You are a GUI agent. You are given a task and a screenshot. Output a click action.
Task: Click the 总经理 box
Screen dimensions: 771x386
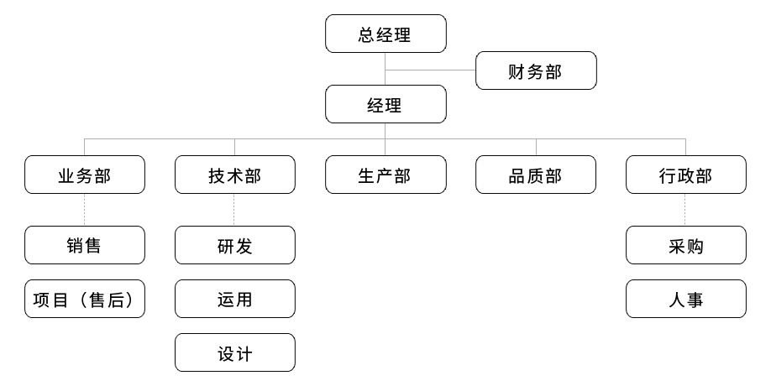pos(385,34)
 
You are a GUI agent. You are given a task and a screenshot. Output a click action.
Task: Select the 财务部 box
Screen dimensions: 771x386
pos(536,70)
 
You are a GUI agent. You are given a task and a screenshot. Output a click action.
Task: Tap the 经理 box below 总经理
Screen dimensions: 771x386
pos(385,104)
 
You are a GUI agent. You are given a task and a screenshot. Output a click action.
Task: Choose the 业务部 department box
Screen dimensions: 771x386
pos(85,175)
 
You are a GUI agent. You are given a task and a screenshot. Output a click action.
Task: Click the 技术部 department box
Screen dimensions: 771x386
pos(235,175)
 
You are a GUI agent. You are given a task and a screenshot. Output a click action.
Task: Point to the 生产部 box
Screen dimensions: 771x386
pos(385,175)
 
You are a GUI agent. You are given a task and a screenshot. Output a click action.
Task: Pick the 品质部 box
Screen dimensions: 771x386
pos(536,175)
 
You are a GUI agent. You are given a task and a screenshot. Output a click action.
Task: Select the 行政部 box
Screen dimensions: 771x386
pos(686,175)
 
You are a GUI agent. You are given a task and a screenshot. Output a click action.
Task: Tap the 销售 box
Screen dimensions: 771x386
pos(85,245)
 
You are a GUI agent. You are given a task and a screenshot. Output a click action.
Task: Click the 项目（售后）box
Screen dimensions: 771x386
pos(85,299)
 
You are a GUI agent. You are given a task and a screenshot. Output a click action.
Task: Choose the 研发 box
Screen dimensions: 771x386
pos(235,245)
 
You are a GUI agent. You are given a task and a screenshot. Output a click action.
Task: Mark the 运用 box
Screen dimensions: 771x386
pos(235,299)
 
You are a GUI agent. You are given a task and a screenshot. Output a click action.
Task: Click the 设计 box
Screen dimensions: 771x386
pos(235,352)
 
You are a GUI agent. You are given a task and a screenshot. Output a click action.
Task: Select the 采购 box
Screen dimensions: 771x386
pos(686,245)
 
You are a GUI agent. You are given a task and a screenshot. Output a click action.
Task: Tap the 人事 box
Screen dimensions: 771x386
pos(686,299)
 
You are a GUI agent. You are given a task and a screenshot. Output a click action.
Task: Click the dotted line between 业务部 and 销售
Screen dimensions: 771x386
pos(84,210)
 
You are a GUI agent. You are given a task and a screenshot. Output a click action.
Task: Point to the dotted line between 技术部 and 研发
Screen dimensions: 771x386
pos(234,210)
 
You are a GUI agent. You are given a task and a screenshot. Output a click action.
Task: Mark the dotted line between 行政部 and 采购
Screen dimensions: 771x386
pos(685,210)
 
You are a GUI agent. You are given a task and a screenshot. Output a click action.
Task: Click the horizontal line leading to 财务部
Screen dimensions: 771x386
pos(430,70)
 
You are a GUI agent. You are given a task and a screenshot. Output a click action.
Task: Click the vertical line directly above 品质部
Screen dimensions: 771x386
pos(536,148)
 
